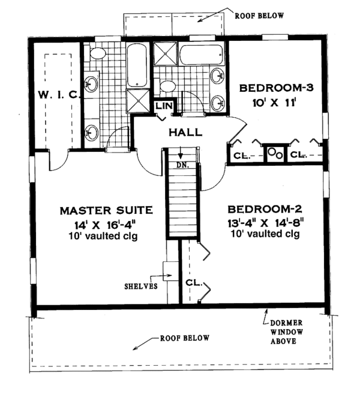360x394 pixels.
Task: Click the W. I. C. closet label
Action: tap(59, 95)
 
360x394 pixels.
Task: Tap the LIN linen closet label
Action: tap(164, 106)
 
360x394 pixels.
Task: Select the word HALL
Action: tap(185, 132)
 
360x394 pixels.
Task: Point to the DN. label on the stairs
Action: tap(182, 165)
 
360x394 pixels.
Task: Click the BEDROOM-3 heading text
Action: tap(277, 88)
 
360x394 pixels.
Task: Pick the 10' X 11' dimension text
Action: tap(274, 103)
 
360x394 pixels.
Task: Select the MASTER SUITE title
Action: tap(106, 210)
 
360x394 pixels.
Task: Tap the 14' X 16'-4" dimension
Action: tap(105, 225)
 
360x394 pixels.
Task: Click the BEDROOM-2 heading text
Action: tap(265, 209)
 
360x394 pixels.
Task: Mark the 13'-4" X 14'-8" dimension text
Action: tap(266, 223)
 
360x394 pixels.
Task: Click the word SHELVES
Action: tap(141, 286)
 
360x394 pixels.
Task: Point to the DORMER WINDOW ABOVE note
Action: tap(286, 332)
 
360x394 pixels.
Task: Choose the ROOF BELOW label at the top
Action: tap(259, 16)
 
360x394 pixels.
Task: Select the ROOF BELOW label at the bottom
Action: tap(185, 338)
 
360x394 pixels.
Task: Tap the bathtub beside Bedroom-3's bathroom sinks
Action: tap(201, 55)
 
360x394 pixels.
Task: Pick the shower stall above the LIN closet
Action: tap(137, 101)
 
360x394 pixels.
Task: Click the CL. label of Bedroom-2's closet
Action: tap(194, 283)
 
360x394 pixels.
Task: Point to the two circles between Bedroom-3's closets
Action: tap(275, 153)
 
